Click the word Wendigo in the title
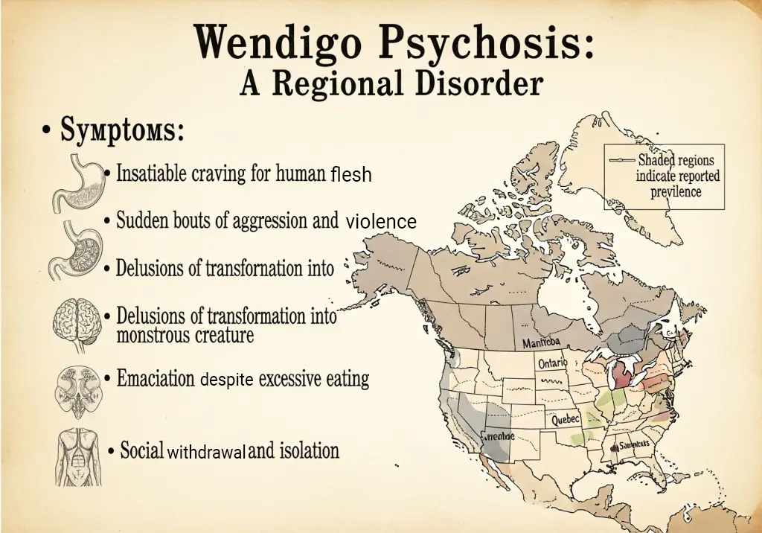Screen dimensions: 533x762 (276, 43)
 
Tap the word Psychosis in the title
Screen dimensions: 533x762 (487, 43)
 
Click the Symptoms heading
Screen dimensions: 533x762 (122, 131)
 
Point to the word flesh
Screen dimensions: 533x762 (351, 175)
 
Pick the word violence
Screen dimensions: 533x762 (381, 222)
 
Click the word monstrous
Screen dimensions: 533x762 (152, 335)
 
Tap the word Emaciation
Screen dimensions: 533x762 (156, 378)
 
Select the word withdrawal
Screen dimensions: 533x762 (205, 452)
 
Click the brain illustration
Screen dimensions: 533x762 (77, 323)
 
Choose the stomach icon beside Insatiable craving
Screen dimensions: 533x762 (77, 182)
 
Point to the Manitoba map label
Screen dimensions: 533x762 (545, 343)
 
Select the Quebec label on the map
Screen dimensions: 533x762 (566, 420)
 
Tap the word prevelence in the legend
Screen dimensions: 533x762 (676, 191)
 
